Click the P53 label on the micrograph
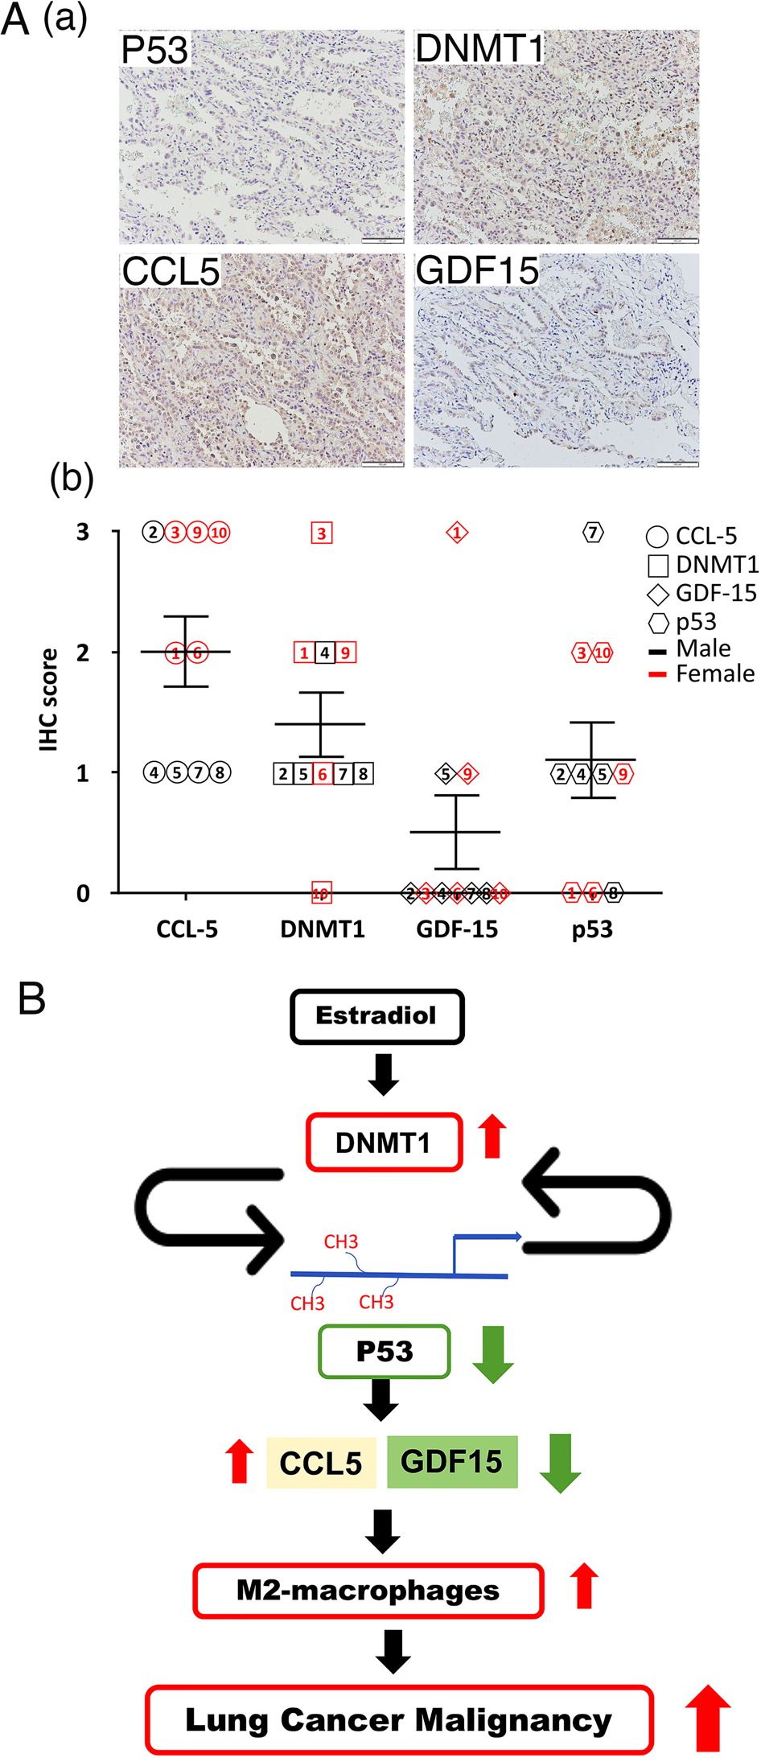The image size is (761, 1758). click(154, 50)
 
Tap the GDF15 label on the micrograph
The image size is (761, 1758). click(477, 270)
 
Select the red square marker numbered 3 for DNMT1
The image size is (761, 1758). click(321, 533)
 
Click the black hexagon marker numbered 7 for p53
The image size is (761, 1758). click(592, 532)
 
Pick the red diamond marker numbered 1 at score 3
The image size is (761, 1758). click(457, 533)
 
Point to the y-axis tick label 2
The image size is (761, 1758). click(83, 653)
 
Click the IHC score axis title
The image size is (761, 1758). click(49, 699)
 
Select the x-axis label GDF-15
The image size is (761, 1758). click(456, 929)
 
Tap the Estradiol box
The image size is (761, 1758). click(376, 1016)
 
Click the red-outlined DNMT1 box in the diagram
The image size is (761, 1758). click(384, 1142)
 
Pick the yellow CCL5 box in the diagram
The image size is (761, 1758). click(321, 1463)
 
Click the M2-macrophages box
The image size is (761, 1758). click(368, 1591)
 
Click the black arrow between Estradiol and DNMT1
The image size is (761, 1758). click(383, 1074)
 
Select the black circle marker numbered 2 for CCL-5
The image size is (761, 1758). click(153, 532)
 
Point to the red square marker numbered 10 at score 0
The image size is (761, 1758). click(321, 892)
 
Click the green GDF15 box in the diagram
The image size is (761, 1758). click(451, 1461)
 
